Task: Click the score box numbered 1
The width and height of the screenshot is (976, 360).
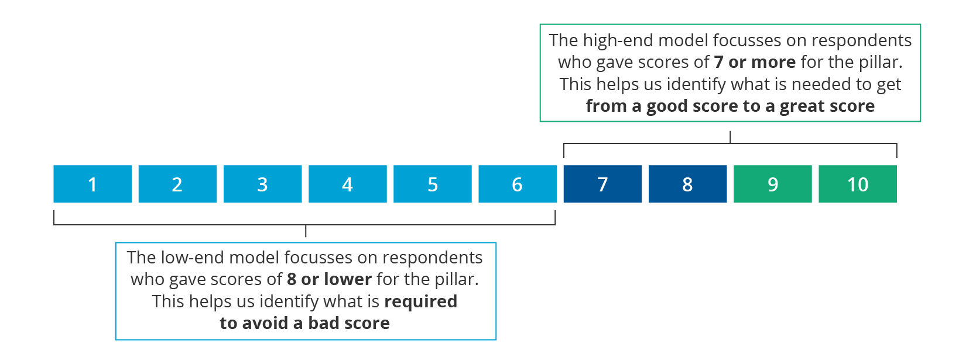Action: [93, 184]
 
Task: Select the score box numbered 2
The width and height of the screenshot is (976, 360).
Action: [177, 184]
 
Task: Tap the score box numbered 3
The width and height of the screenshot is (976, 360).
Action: [262, 184]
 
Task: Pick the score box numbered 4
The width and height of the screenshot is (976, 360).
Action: [347, 184]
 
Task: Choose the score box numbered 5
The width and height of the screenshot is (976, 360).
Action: [432, 184]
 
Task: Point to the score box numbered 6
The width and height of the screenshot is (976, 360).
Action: [517, 184]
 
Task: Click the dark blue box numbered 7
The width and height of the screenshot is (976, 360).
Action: [602, 184]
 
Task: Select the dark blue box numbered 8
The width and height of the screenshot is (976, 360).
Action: [687, 184]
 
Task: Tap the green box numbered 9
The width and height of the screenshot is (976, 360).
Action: [772, 184]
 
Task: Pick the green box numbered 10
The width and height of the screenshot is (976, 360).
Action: [858, 184]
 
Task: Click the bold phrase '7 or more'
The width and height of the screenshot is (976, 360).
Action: [755, 62]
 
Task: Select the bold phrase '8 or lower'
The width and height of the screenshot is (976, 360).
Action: [330, 279]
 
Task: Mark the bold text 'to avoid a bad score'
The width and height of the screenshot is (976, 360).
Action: [304, 323]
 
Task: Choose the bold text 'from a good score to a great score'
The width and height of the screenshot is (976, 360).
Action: [730, 107]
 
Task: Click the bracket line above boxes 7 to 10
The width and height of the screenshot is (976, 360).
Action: [730, 143]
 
